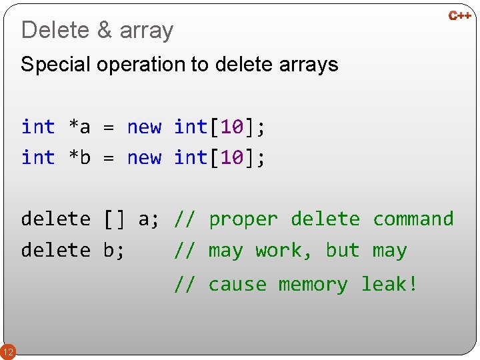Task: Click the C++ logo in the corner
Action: [459, 15]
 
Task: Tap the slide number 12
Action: [8, 351]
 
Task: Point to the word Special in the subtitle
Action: [56, 65]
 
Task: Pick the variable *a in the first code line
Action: [79, 127]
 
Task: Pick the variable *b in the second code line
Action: [79, 158]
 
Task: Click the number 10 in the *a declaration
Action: [231, 127]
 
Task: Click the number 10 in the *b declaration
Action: [231, 158]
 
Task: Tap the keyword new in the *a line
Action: [144, 127]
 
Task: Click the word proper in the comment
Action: [243, 219]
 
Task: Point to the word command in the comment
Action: [413, 219]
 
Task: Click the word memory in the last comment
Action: [313, 285]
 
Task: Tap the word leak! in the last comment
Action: [389, 285]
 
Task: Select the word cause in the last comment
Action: [237, 285]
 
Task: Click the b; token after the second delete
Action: [114, 251]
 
